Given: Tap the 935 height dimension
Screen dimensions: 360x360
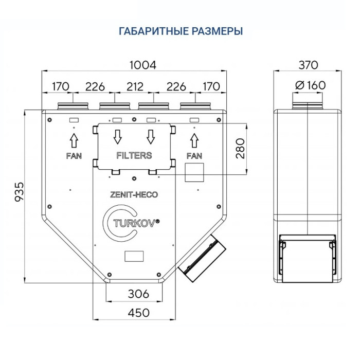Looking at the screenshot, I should [x=19, y=191].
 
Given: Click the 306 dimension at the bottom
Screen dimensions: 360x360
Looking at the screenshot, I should [x=138, y=294].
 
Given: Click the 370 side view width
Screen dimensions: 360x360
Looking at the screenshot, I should [x=308, y=65].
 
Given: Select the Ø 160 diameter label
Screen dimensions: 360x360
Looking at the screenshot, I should [x=308, y=85].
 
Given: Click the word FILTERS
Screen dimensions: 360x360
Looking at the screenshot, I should [x=134, y=155].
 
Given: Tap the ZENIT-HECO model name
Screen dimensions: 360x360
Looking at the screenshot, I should [x=134, y=195].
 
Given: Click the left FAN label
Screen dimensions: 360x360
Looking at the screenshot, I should [x=74, y=155].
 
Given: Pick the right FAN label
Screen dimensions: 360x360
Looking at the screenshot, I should [x=194, y=155].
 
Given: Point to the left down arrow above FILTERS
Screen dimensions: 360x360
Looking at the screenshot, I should [x=117, y=137].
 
